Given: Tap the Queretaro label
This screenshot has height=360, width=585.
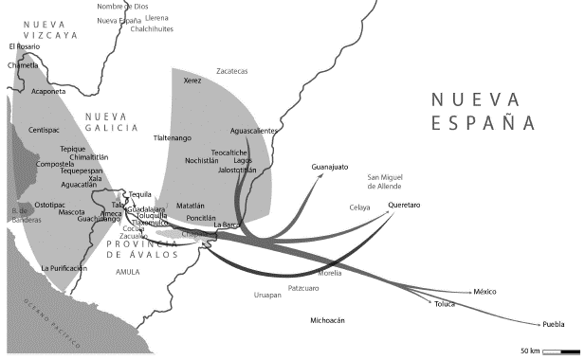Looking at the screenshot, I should (x=403, y=206).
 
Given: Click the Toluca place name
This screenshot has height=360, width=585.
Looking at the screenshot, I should (x=445, y=304).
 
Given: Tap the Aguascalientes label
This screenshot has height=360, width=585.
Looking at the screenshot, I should (x=254, y=130).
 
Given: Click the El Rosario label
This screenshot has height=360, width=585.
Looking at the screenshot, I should (x=26, y=46).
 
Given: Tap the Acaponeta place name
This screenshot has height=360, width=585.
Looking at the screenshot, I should (x=49, y=93).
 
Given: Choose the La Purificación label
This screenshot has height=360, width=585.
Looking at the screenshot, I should (x=64, y=268).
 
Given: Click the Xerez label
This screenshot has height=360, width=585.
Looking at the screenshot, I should (x=192, y=81).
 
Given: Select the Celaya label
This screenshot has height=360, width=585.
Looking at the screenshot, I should (x=359, y=207).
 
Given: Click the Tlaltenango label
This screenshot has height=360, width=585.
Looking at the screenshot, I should (x=178, y=138).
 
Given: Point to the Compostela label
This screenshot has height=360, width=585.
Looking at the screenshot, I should (x=55, y=164).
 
